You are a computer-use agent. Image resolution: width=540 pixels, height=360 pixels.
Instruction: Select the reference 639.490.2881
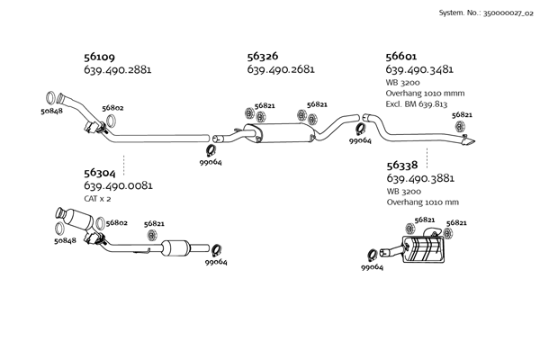pyautogui.click(x=117, y=70)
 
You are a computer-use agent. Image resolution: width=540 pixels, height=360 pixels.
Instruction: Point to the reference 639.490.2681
pyautogui.click(x=280, y=70)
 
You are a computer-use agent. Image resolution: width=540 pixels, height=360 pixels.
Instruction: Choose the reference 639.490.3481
pyautogui.click(x=418, y=70)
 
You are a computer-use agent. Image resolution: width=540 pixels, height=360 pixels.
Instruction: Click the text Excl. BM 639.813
pyautogui.click(x=416, y=104)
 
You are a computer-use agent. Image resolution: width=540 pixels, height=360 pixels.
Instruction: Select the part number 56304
pyautogui.click(x=99, y=172)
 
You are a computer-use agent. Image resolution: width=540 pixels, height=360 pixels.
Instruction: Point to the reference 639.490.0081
pyautogui.click(x=117, y=186)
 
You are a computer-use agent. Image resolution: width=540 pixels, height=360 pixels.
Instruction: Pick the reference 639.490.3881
pyautogui.click(x=419, y=179)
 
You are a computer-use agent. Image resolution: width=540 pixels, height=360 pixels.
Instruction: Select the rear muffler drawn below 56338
pyautogui.click(x=426, y=251)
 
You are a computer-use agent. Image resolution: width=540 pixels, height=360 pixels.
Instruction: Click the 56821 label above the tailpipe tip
pyautogui.click(x=462, y=115)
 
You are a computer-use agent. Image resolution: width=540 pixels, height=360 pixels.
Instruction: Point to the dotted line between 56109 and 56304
pyautogui.click(x=123, y=163)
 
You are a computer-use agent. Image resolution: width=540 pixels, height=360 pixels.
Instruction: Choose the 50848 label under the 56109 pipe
pyautogui.click(x=51, y=112)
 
